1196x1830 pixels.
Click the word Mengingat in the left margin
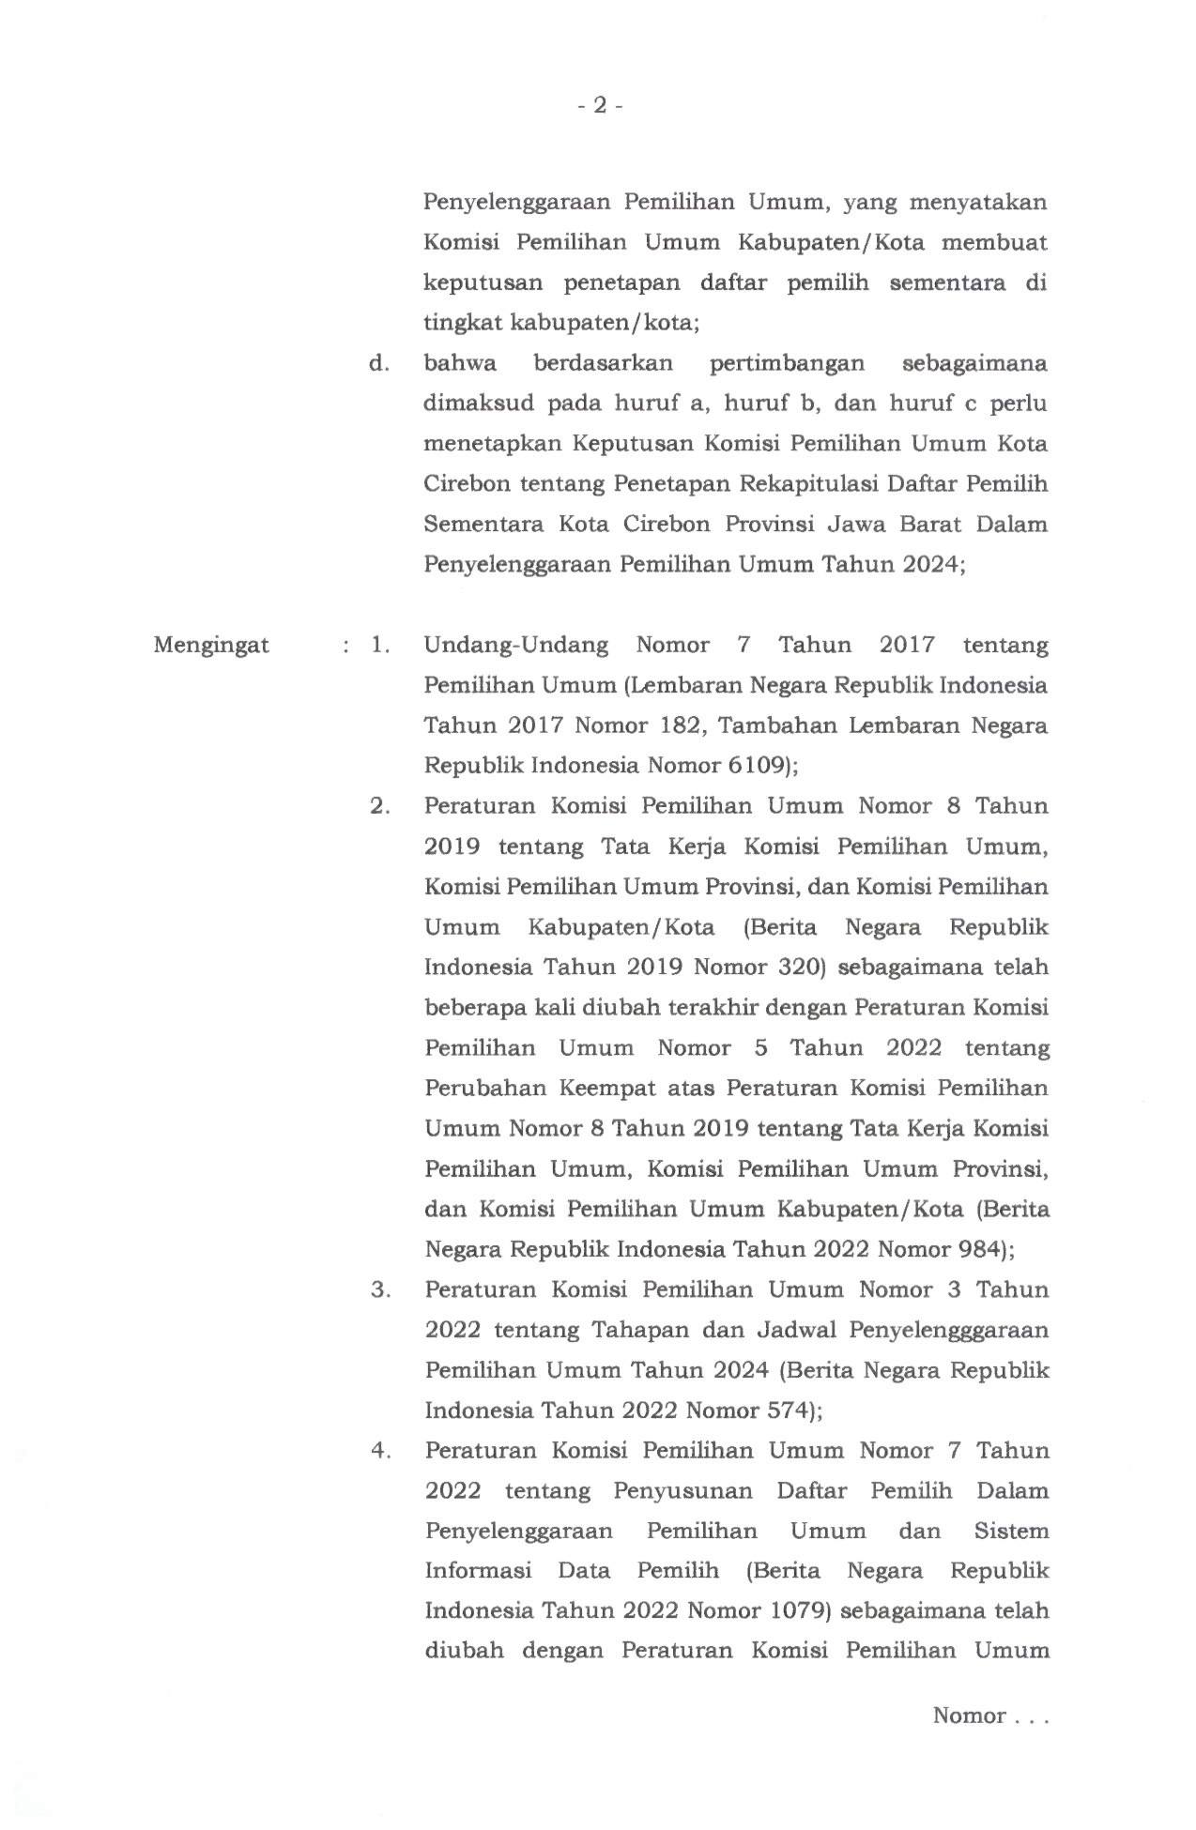211,646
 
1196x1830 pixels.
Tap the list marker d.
378,364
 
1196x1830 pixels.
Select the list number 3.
379,1289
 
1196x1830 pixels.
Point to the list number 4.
379,1451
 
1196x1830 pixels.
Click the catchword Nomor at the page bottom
969,1716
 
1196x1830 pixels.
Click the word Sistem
1011,1532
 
